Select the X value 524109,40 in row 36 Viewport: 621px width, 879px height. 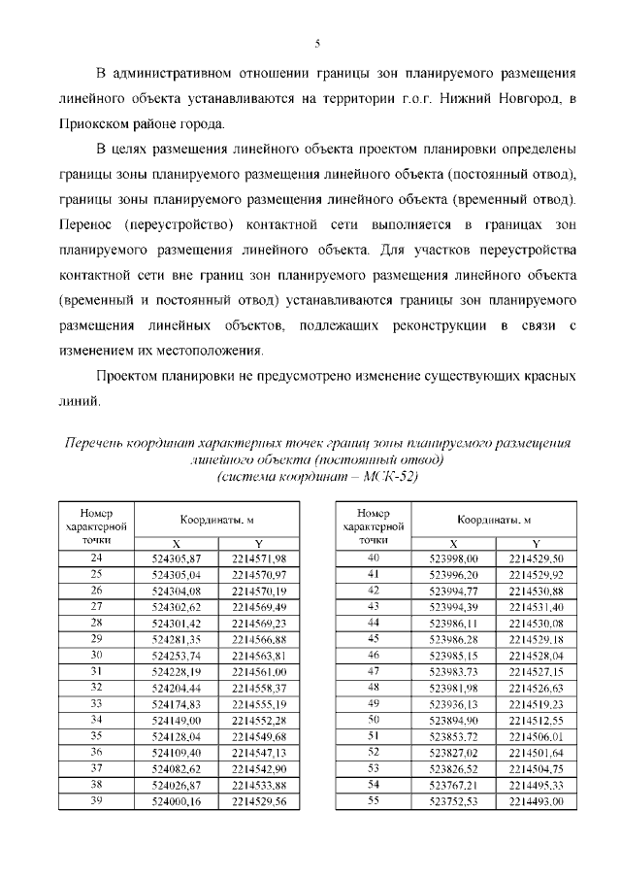coord(177,753)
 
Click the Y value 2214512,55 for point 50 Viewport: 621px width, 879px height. coord(536,720)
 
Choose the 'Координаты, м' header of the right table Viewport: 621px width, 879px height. coord(494,521)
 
